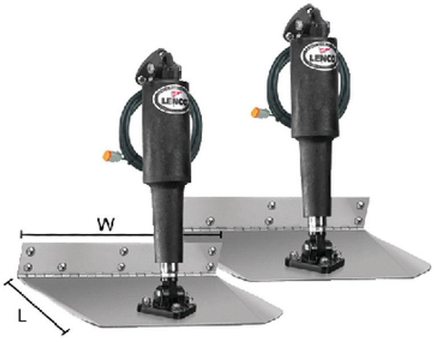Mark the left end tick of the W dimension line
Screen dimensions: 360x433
(x=21, y=234)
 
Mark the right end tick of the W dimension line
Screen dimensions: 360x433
(x=220, y=234)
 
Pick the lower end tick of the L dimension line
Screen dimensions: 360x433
(x=67, y=332)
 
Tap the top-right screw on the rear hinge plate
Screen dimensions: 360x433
(x=359, y=203)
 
